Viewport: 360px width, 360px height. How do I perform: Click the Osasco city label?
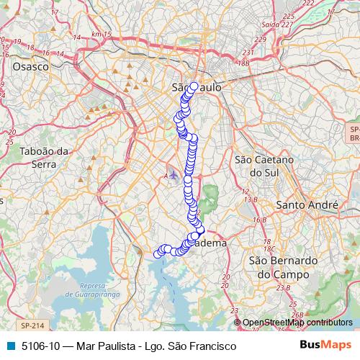tap(30, 66)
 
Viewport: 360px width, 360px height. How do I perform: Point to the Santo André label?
tap(307, 205)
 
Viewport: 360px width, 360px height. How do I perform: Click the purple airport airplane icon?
tap(174, 175)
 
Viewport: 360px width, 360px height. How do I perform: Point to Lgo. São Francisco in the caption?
tap(194, 346)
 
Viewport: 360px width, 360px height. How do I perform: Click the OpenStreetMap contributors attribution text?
tap(297, 323)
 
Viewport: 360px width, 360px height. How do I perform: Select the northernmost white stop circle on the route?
tap(194, 86)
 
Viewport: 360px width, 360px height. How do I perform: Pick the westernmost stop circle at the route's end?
tap(158, 253)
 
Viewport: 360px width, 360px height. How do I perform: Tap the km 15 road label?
tap(105, 35)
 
